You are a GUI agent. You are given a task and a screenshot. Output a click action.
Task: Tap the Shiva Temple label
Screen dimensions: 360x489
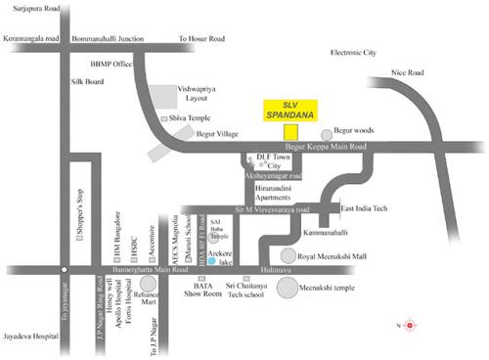[192, 116]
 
